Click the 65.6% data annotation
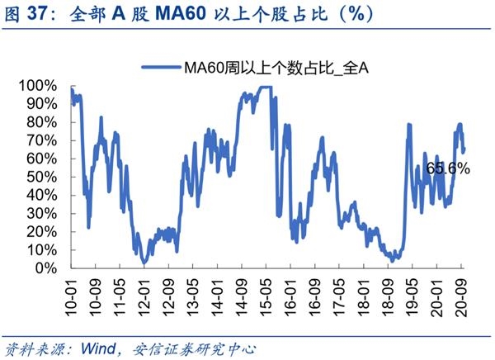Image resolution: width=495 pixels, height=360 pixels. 448,168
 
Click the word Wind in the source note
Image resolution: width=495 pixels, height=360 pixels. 97,348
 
